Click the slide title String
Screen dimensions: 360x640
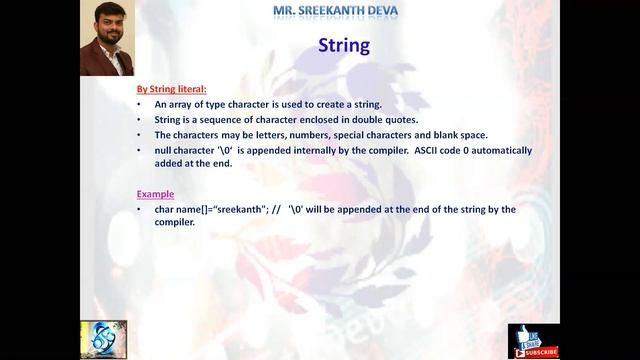pyautogui.click(x=343, y=45)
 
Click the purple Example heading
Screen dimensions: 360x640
pyautogui.click(x=155, y=194)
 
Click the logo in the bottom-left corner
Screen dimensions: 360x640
pyautogui.click(x=104, y=340)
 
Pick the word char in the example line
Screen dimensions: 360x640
pyautogui.click(x=164, y=210)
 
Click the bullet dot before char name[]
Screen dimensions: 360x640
pyautogui.click(x=141, y=210)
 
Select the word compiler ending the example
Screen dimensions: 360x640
pyautogui.click(x=174, y=223)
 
